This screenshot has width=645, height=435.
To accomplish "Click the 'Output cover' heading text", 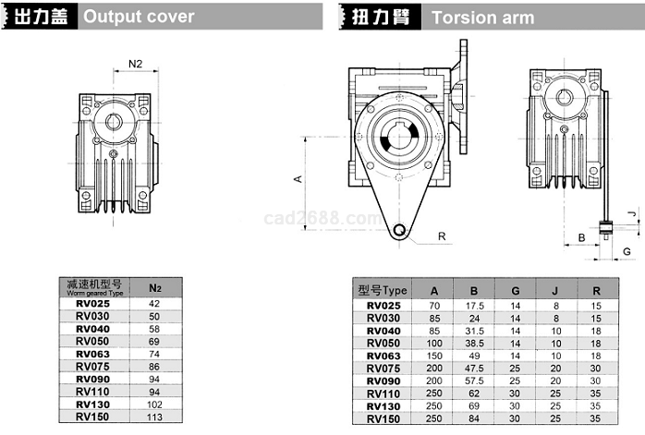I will point(139,17).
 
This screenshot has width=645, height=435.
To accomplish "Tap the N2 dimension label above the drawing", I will point(136,64).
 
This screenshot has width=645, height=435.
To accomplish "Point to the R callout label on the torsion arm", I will point(442,236).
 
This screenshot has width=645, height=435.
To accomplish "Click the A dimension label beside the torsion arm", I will point(297,179).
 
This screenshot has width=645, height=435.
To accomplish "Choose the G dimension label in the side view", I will point(627,251).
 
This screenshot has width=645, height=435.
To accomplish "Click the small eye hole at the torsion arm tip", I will point(398,230).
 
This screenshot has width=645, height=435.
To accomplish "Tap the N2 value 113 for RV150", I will point(154,416).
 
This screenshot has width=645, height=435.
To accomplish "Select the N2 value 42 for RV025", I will point(154,304).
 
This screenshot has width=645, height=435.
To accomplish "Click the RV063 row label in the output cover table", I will point(92,354).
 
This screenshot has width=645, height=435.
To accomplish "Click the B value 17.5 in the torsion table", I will point(475,306).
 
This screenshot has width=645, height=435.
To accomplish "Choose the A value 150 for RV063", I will point(434,356).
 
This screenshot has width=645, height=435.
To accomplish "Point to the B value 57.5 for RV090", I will point(475,381).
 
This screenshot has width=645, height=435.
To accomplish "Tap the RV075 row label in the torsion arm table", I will point(383,368).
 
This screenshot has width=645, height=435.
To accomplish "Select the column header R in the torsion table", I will point(596,291).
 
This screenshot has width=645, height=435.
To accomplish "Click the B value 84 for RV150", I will point(475,418).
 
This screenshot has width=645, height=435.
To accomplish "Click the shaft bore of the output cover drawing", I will point(115,121).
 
